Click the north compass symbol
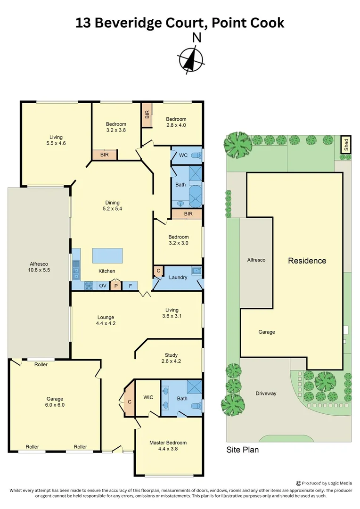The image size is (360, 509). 191,58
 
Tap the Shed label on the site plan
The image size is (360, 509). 346,144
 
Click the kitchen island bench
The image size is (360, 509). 107,256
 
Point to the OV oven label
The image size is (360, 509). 103,286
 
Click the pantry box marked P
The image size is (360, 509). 115,286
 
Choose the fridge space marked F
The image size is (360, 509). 130,286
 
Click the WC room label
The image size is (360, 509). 183,155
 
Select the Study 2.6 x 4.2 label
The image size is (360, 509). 171,358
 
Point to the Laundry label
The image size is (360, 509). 178,277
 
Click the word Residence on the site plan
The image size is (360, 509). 307,261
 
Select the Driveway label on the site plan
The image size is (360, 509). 266,393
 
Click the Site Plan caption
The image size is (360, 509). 242,450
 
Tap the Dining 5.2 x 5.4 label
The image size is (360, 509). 112,205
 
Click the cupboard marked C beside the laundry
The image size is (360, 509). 158,271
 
